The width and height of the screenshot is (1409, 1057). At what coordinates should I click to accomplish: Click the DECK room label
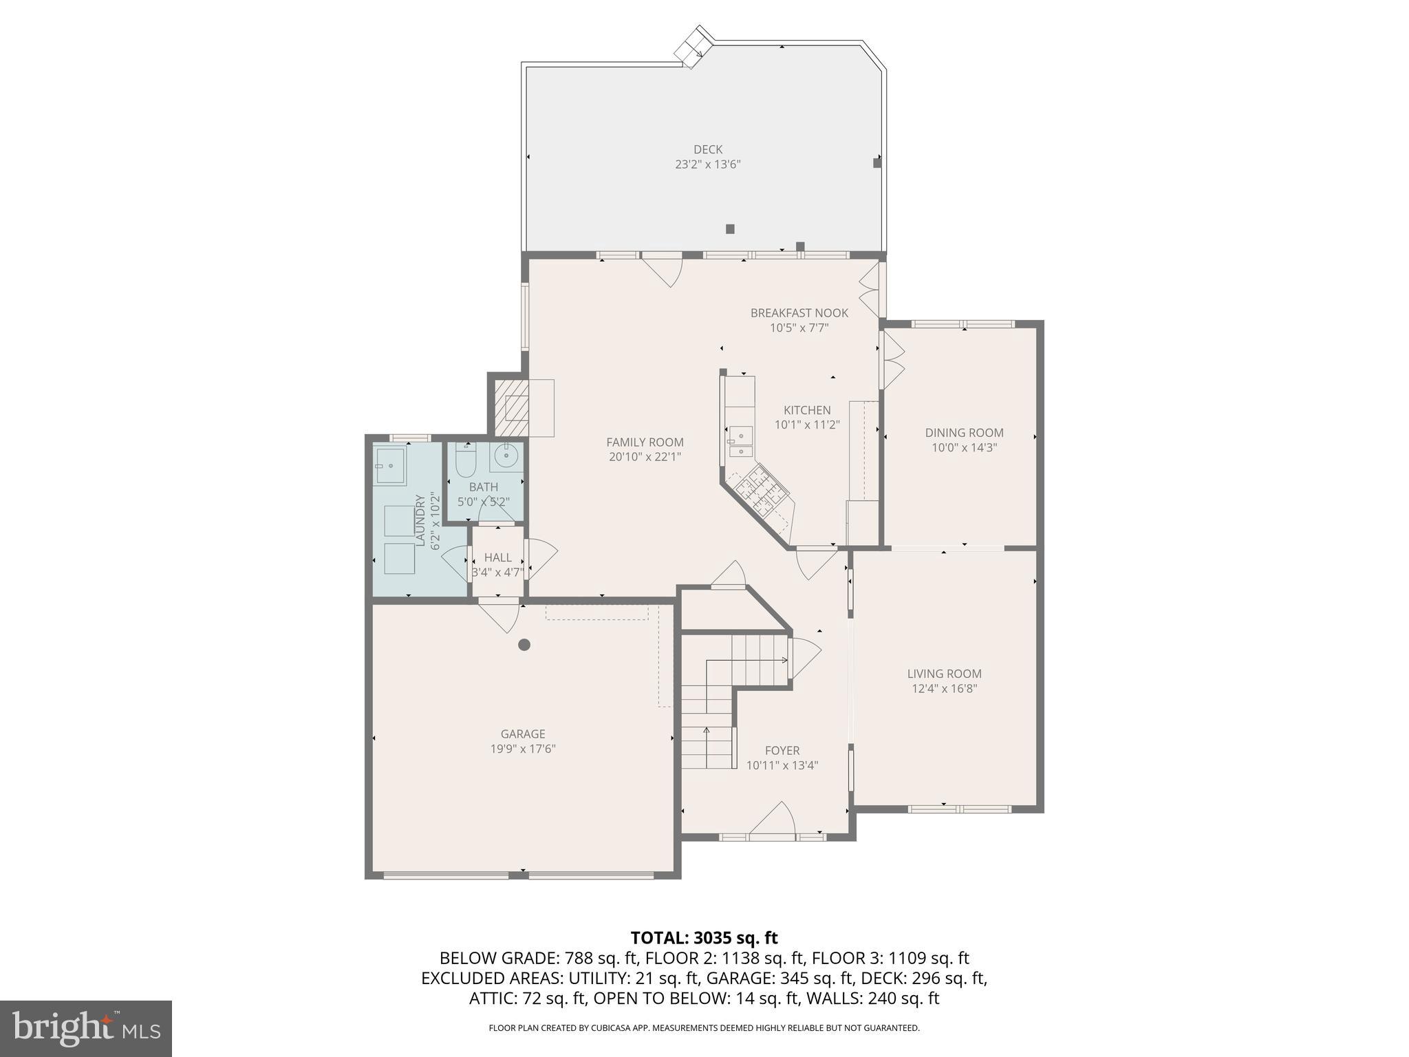pyautogui.click(x=707, y=149)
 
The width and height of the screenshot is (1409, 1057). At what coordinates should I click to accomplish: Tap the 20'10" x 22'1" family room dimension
pyautogui.click(x=645, y=457)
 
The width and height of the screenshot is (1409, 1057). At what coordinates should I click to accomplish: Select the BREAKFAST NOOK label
pyautogui.click(x=799, y=313)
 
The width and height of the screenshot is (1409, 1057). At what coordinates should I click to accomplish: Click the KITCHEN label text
pyautogui.click(x=807, y=410)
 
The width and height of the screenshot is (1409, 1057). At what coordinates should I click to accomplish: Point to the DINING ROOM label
pyautogui.click(x=964, y=433)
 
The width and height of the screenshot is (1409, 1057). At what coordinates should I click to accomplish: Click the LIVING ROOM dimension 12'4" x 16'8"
pyautogui.click(x=944, y=688)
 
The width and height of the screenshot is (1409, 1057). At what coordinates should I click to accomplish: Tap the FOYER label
pyautogui.click(x=782, y=751)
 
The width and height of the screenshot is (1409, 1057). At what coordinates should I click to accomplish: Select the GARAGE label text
pyautogui.click(x=523, y=734)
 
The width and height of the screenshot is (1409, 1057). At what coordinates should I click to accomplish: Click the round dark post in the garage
pyautogui.click(x=524, y=645)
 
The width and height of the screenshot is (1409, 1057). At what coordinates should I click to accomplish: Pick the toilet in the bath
pyautogui.click(x=466, y=461)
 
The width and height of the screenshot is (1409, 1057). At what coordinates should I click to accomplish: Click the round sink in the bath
pyautogui.click(x=507, y=456)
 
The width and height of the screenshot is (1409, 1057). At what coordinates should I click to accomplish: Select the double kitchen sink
pyautogui.click(x=740, y=442)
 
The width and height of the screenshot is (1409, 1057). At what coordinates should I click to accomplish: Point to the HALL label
pyautogui.click(x=497, y=557)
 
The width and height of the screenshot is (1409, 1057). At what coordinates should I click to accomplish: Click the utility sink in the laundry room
pyautogui.click(x=390, y=465)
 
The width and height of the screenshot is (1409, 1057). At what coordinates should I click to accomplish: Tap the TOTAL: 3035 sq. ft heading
pyautogui.click(x=704, y=938)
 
